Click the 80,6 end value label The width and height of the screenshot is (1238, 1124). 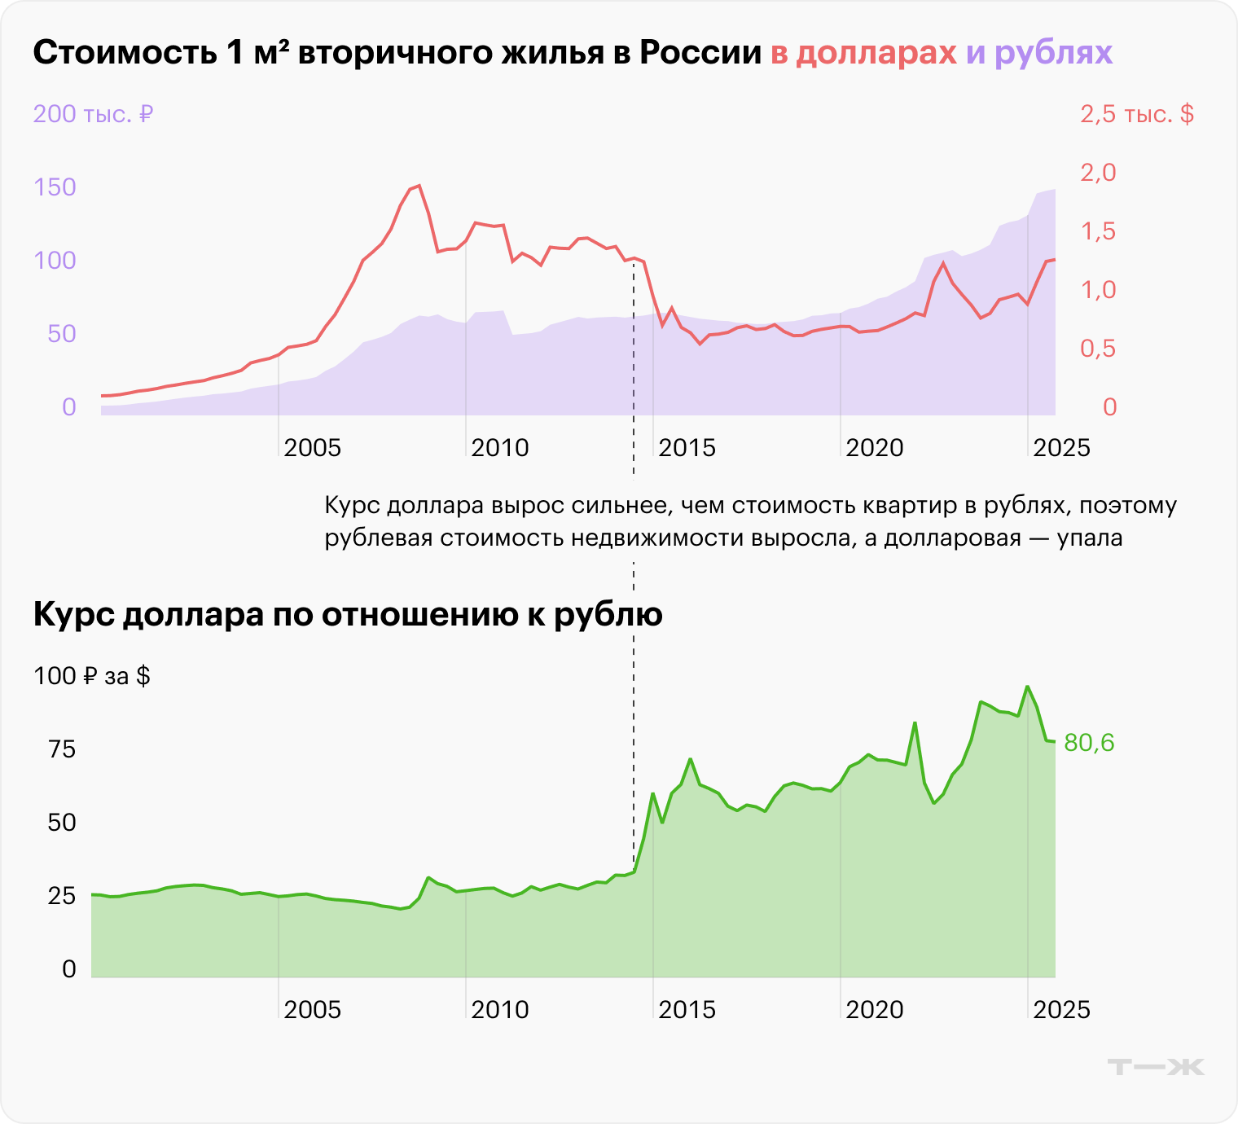click(1089, 743)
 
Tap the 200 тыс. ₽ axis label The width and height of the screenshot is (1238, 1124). click(93, 114)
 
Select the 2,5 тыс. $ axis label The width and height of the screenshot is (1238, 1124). click(1137, 114)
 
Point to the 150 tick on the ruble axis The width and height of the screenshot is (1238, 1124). click(55, 187)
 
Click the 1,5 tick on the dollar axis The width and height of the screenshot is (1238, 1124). click(1098, 231)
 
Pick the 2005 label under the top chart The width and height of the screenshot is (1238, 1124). click(312, 448)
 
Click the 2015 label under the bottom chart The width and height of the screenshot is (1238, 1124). click(687, 1010)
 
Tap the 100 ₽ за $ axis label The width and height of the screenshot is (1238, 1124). click(92, 676)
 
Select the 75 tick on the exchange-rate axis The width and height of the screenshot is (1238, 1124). click(62, 749)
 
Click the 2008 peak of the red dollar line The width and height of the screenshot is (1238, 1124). click(419, 186)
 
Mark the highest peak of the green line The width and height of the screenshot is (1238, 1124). click(1027, 687)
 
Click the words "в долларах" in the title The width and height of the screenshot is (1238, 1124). click(863, 53)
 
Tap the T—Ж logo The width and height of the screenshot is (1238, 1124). click(1156, 1067)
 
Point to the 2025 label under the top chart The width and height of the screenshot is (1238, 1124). click(1061, 448)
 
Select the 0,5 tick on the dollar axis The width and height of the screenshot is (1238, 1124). click(1098, 349)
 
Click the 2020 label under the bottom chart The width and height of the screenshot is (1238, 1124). click(874, 1010)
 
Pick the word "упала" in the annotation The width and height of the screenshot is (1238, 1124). click(1090, 538)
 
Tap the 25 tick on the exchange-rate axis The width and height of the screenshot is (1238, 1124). click(62, 896)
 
